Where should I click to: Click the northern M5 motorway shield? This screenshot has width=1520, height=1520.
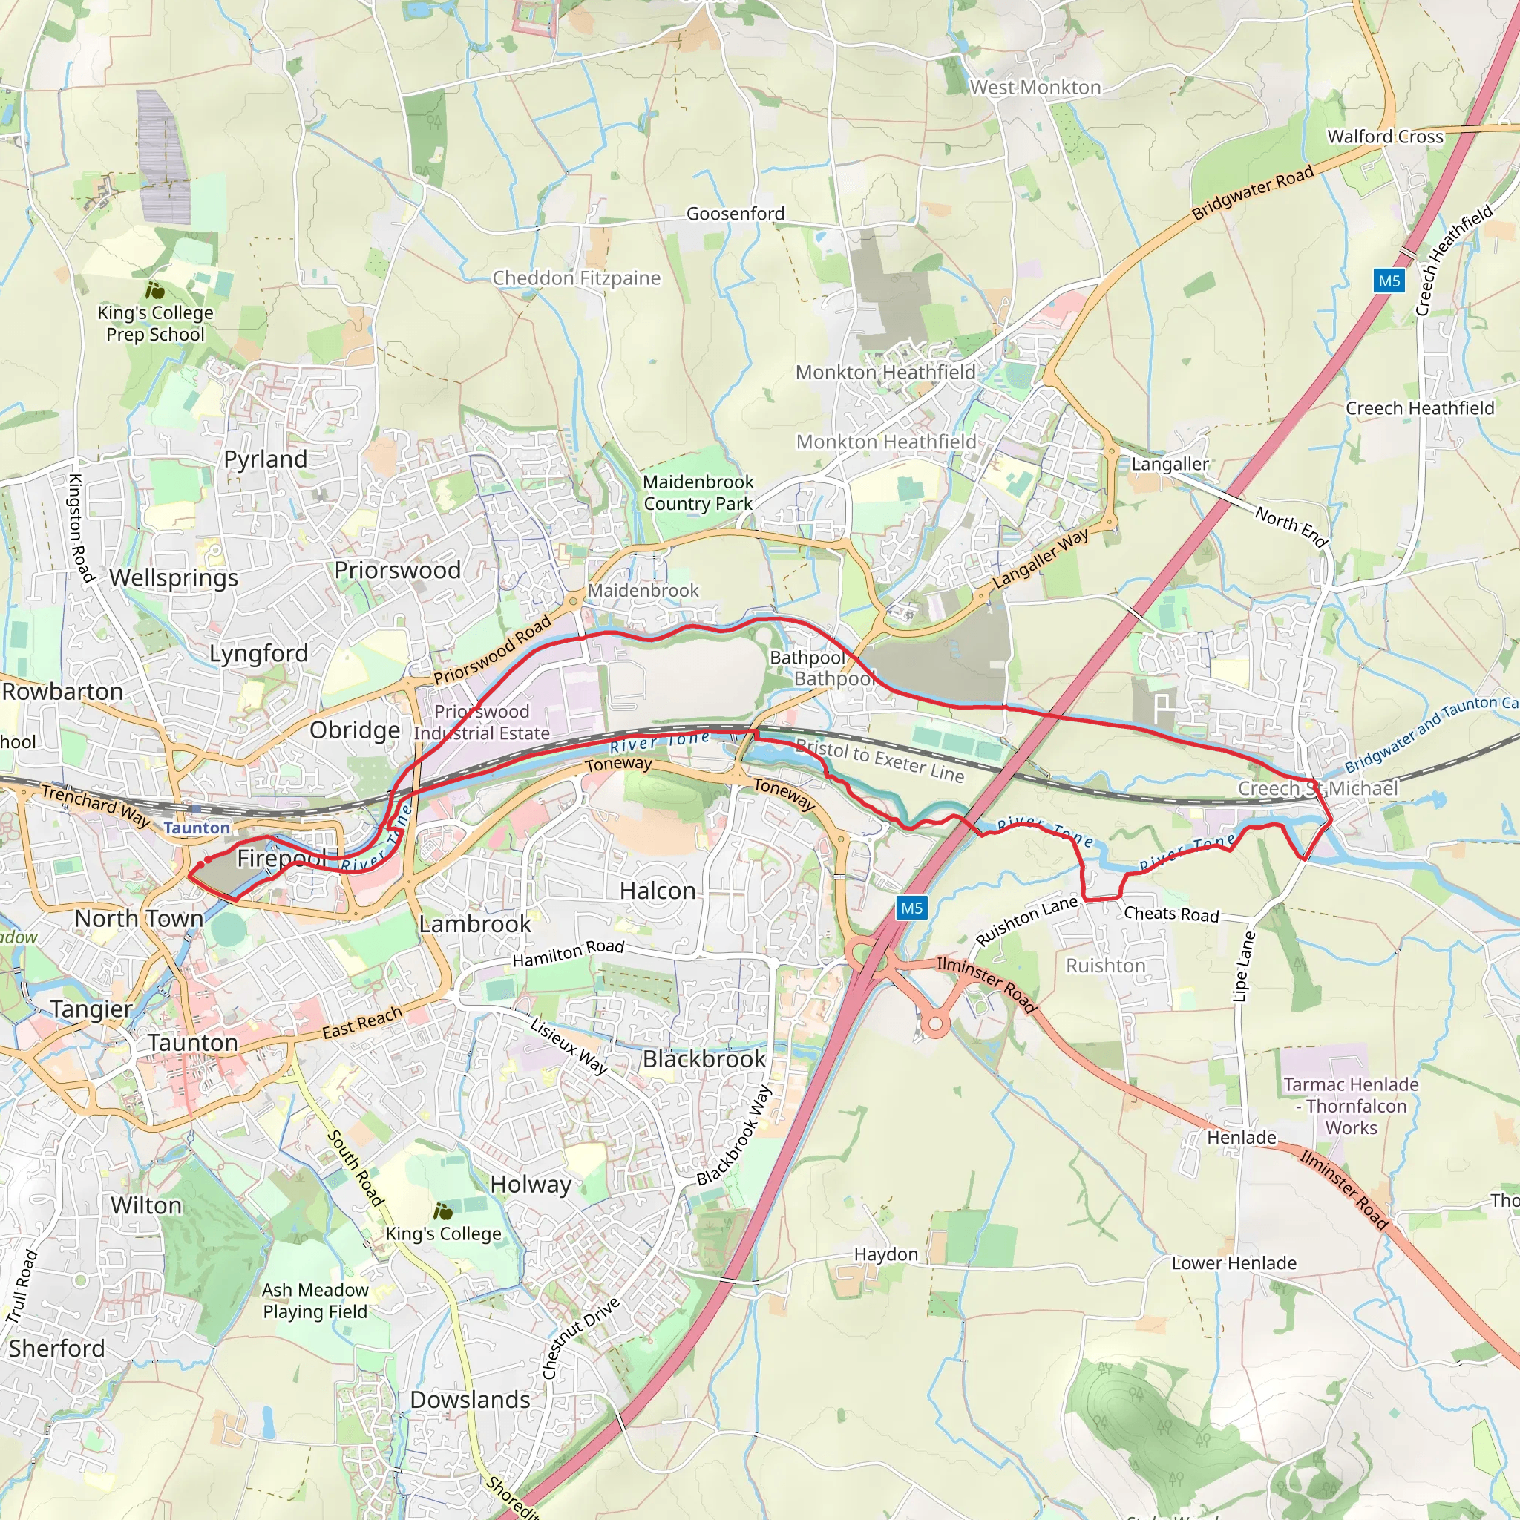(1389, 281)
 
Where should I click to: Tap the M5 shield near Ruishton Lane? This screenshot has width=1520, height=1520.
(911, 908)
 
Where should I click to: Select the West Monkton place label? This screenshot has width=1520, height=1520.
(1035, 88)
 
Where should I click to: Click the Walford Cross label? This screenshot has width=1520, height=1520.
(1385, 136)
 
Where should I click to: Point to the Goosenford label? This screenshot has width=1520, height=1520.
(735, 213)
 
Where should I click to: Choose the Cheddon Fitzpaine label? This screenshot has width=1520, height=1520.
(576, 278)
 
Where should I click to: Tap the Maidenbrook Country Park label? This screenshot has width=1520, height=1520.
(698, 493)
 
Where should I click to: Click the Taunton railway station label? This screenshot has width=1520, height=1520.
(197, 828)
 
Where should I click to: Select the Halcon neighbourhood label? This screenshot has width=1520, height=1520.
(658, 891)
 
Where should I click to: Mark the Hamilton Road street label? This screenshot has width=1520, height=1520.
(568, 954)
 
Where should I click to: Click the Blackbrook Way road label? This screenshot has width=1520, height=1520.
(733, 1136)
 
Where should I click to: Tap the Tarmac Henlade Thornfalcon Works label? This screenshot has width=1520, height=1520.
(1351, 1105)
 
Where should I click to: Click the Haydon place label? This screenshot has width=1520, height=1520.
(886, 1254)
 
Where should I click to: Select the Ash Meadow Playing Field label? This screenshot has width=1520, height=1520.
(315, 1300)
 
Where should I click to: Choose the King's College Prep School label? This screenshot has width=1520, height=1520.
(155, 324)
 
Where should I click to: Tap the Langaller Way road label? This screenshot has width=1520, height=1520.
(1040, 559)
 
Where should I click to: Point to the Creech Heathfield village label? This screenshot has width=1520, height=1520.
(1419, 408)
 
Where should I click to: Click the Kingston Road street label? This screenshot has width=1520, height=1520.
(81, 528)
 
